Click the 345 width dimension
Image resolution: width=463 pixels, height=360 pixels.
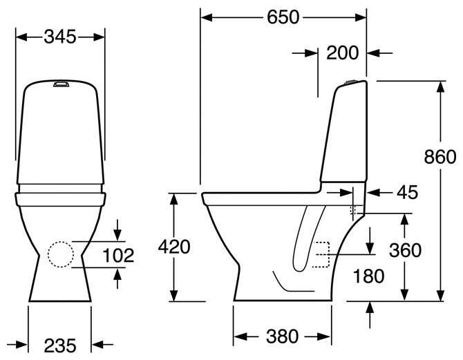pyautogui.click(x=60, y=37)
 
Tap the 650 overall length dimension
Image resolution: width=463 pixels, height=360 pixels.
pyautogui.click(x=283, y=17)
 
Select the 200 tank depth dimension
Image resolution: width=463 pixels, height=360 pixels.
pyautogui.click(x=342, y=53)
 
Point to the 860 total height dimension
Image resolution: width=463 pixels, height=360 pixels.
pyautogui.click(x=440, y=157)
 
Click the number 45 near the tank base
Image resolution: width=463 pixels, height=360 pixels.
pyautogui.click(x=407, y=193)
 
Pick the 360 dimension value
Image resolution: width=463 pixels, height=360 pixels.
pyautogui.click(x=405, y=250)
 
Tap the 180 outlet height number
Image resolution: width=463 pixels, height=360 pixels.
pyautogui.click(x=368, y=276)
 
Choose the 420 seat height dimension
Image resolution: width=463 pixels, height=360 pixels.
pyautogui.click(x=174, y=247)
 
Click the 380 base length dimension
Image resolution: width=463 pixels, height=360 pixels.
pyautogui.click(x=282, y=337)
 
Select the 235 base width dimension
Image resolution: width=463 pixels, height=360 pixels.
pyautogui.click(x=60, y=345)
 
